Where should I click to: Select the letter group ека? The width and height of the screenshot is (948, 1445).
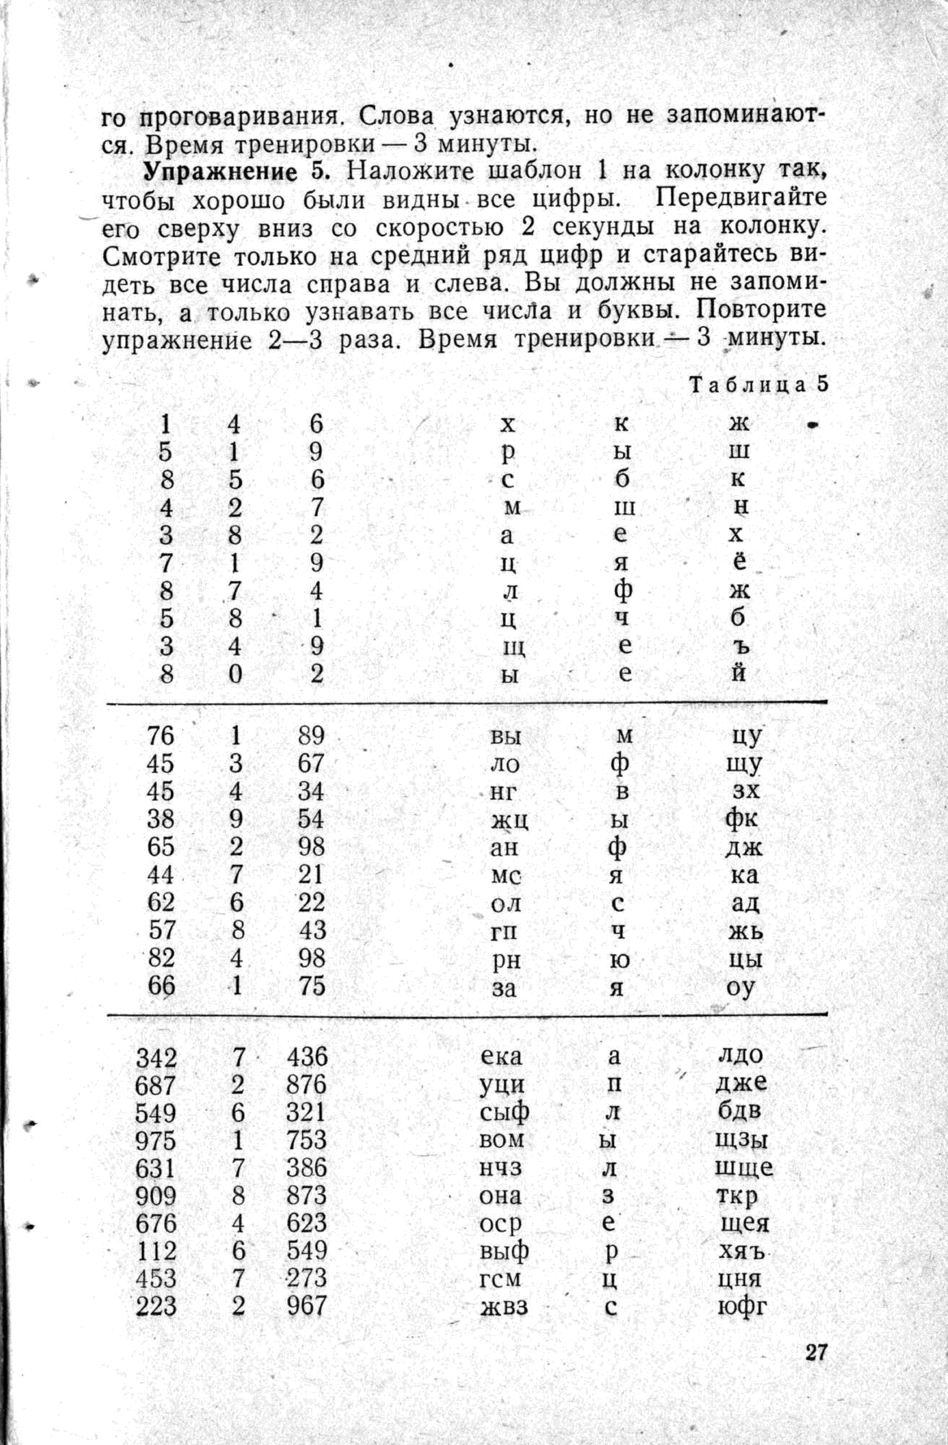pyautogui.click(x=501, y=1057)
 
